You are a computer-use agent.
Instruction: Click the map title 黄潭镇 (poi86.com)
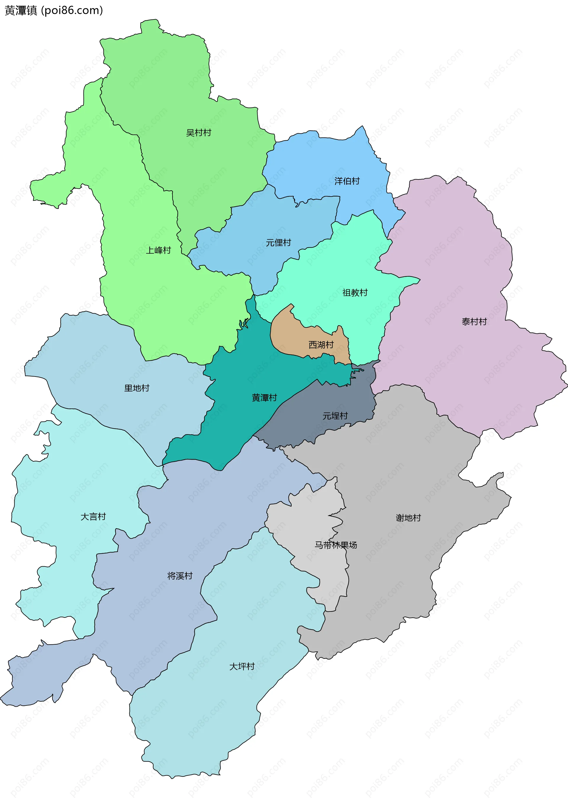[54, 10]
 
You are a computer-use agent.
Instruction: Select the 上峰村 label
[159, 250]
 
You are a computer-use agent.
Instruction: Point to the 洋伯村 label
[347, 181]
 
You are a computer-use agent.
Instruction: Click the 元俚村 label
[278, 242]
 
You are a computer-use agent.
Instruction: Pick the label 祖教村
[355, 292]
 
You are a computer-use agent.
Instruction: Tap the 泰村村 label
[474, 322]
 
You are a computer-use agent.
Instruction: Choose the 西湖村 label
[321, 345]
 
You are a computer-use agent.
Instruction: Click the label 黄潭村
[264, 398]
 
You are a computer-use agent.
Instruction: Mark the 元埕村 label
[335, 416]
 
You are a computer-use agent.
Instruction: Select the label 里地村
[137, 388]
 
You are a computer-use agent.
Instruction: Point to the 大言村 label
[93, 516]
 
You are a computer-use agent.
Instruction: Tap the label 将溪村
[180, 576]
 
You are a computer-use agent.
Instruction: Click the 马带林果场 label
[336, 545]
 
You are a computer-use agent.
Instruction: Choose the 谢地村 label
[408, 518]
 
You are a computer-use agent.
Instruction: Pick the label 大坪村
[242, 666]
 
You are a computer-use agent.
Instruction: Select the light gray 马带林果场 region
[308, 517]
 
